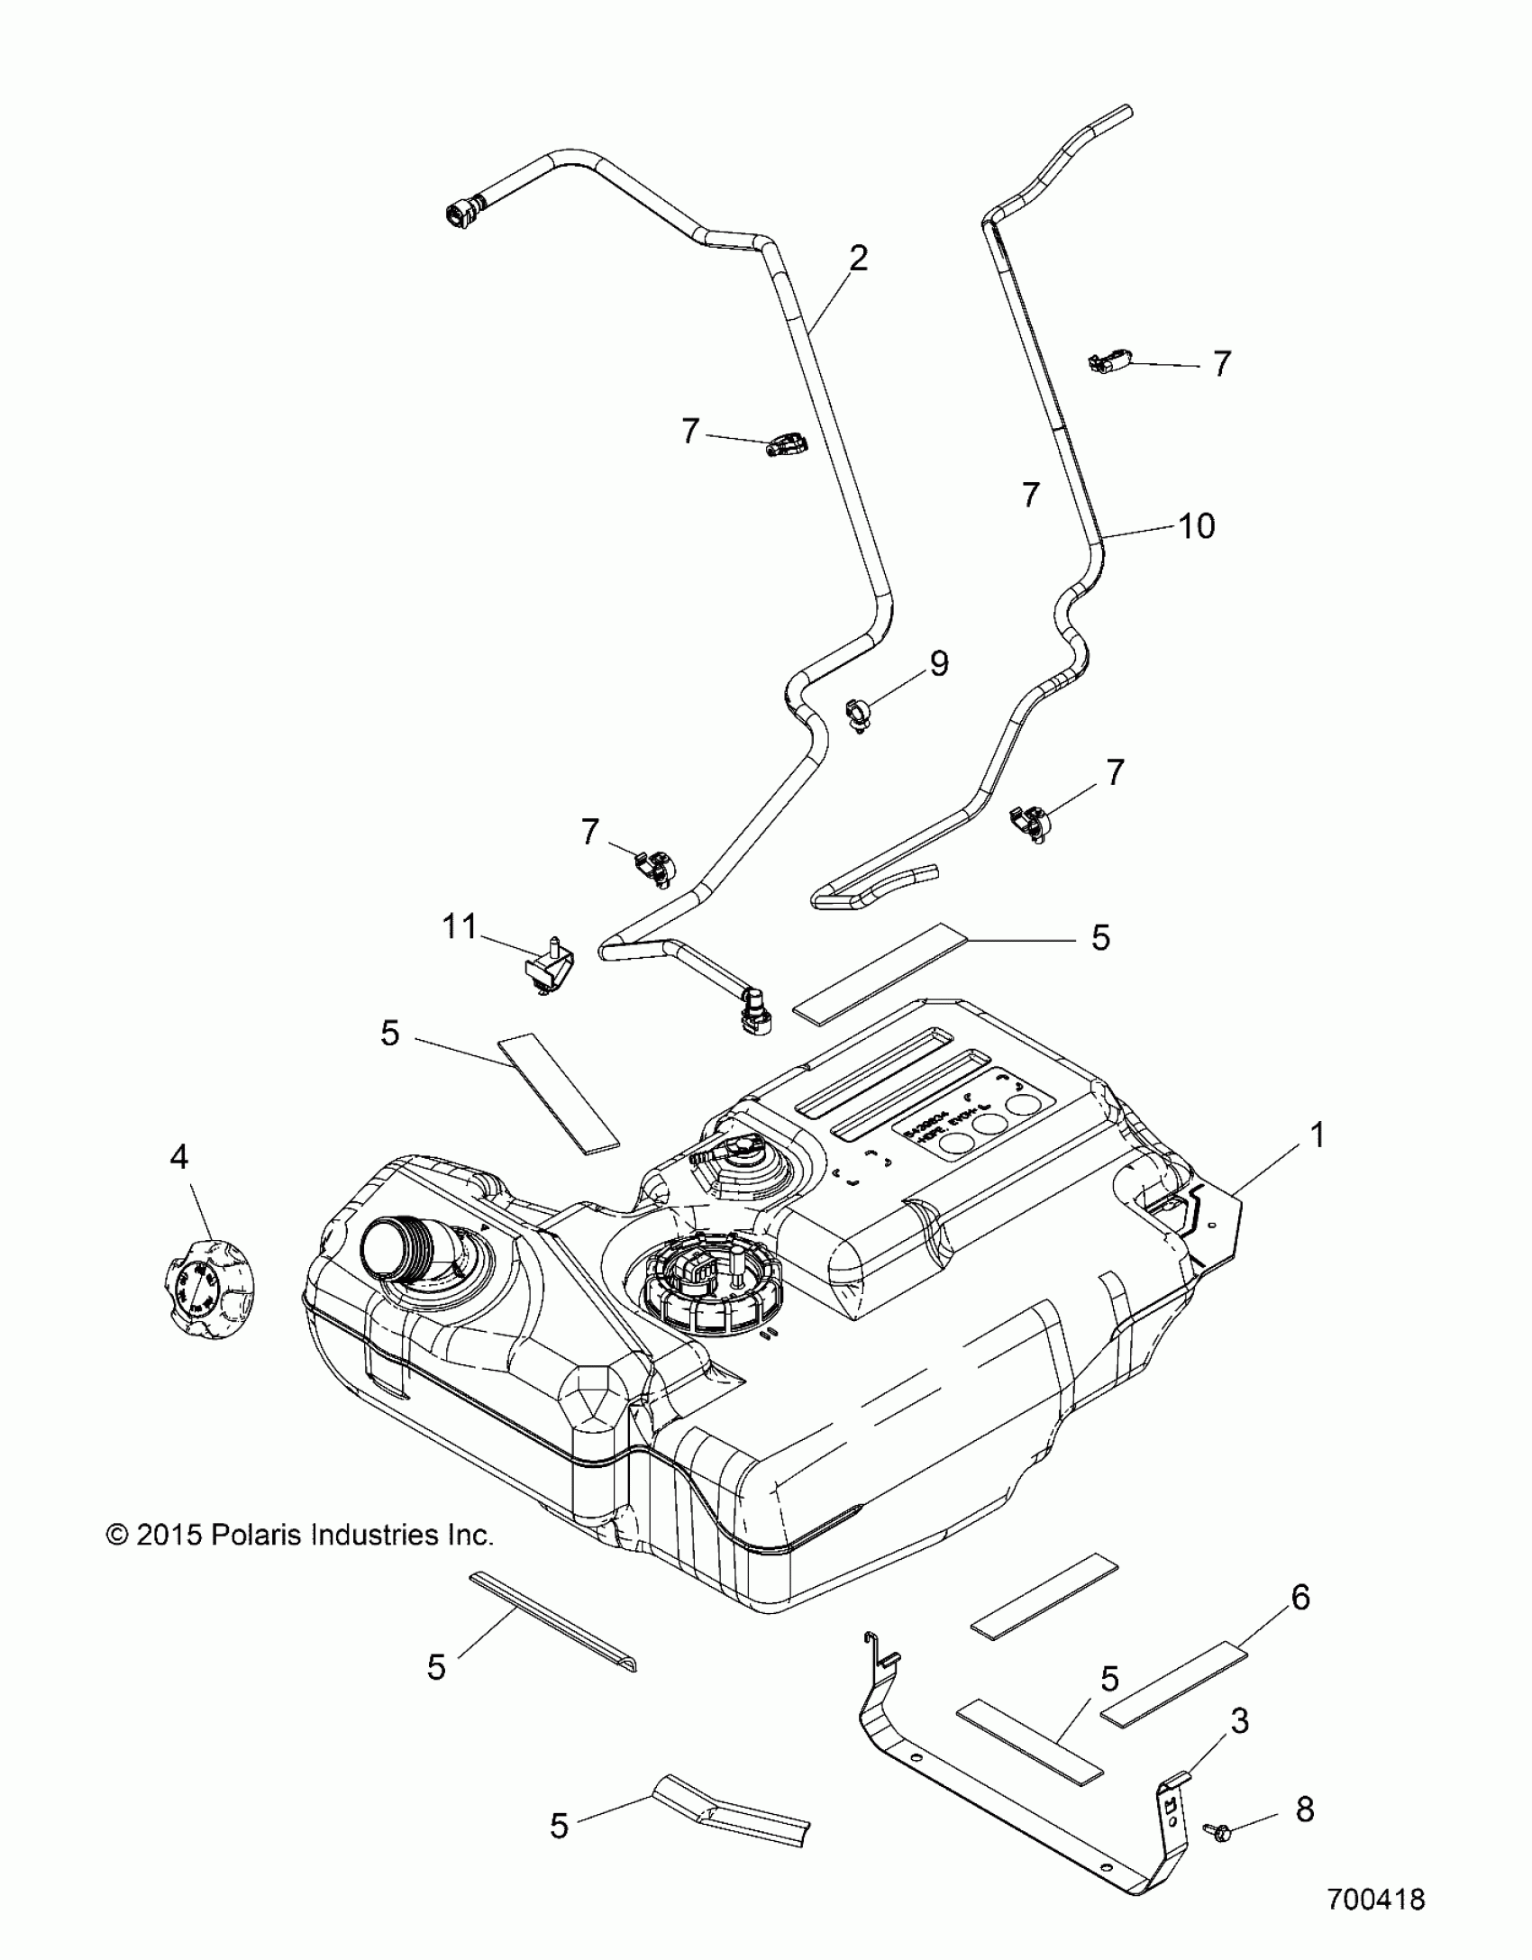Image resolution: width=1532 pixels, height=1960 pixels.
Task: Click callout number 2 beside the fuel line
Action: pyautogui.click(x=858, y=260)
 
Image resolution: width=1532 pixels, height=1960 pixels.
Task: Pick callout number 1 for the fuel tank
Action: pyautogui.click(x=1317, y=1135)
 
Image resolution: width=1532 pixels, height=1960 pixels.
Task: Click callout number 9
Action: pyautogui.click(x=938, y=664)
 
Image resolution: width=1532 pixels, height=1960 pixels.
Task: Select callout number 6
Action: pyautogui.click(x=1299, y=1598)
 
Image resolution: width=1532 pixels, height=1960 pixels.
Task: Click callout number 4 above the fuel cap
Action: pyautogui.click(x=179, y=1156)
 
